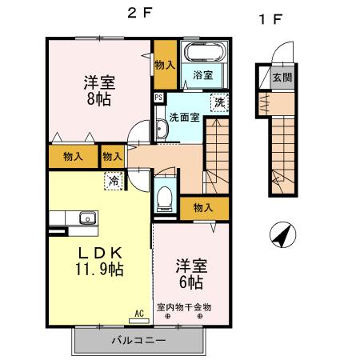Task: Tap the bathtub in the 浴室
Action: [203, 54]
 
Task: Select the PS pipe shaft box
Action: [158, 98]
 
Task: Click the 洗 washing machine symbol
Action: [218, 102]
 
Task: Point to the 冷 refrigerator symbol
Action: [114, 182]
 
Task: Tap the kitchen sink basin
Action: [86, 218]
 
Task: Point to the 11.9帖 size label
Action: [99, 270]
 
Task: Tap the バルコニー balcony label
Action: [138, 341]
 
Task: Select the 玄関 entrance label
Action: [282, 78]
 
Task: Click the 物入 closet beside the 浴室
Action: [165, 64]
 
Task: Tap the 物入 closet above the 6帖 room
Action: [203, 207]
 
